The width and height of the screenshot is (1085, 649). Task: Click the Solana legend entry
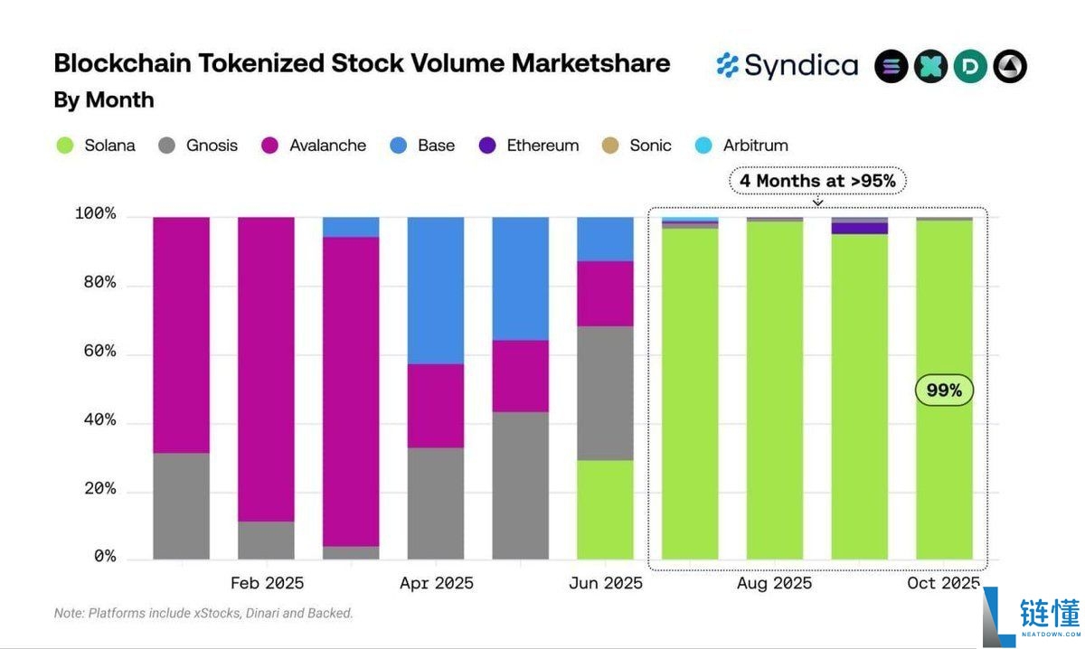click(96, 146)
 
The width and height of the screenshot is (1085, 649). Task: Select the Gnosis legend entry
click(198, 146)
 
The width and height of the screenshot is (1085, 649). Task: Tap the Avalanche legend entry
click(314, 146)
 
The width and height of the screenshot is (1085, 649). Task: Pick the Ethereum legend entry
click(529, 146)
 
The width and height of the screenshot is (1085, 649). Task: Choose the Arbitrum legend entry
click(742, 146)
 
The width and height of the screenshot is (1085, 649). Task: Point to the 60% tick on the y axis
click(95, 352)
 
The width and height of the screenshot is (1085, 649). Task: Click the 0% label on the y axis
click(105, 558)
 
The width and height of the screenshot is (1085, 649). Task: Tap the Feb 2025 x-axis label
click(267, 583)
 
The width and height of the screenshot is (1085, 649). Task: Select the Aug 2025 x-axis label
click(774, 583)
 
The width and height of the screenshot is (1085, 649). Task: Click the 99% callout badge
click(944, 390)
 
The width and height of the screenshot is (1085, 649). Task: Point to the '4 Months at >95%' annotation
click(817, 181)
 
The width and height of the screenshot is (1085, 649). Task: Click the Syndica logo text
click(801, 66)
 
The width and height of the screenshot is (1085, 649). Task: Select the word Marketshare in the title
click(590, 63)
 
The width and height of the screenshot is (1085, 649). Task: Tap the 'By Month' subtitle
click(103, 99)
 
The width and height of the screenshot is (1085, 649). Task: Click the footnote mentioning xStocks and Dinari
click(203, 613)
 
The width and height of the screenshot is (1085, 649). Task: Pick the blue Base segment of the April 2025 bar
click(436, 290)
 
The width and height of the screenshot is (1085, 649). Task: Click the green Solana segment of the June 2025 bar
click(605, 509)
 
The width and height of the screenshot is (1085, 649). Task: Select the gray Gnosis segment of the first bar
click(181, 506)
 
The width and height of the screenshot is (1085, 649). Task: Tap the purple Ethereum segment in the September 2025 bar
click(859, 229)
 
